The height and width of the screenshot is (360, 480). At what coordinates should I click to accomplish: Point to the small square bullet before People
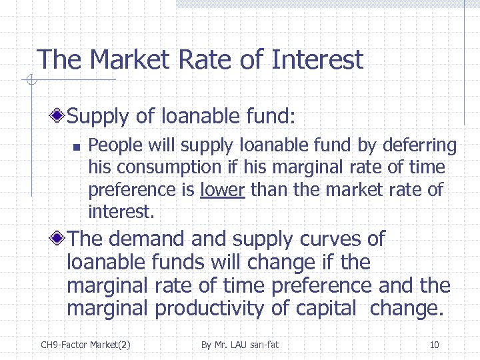[x=77, y=146]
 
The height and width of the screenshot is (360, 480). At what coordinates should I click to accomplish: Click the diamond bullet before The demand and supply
[x=59, y=239]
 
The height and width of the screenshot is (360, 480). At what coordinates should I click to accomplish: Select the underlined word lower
[x=223, y=190]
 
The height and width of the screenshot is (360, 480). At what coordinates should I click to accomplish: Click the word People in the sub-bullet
[x=111, y=145]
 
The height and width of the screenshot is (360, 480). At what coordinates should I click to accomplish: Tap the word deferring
[x=423, y=145]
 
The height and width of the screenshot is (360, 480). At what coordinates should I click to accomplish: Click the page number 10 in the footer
[x=434, y=345]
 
